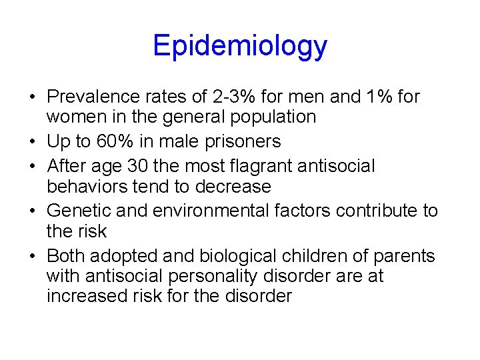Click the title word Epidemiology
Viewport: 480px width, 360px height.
click(240, 46)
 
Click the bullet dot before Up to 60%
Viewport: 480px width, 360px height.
click(33, 142)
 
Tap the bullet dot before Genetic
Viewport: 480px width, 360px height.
click(33, 211)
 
